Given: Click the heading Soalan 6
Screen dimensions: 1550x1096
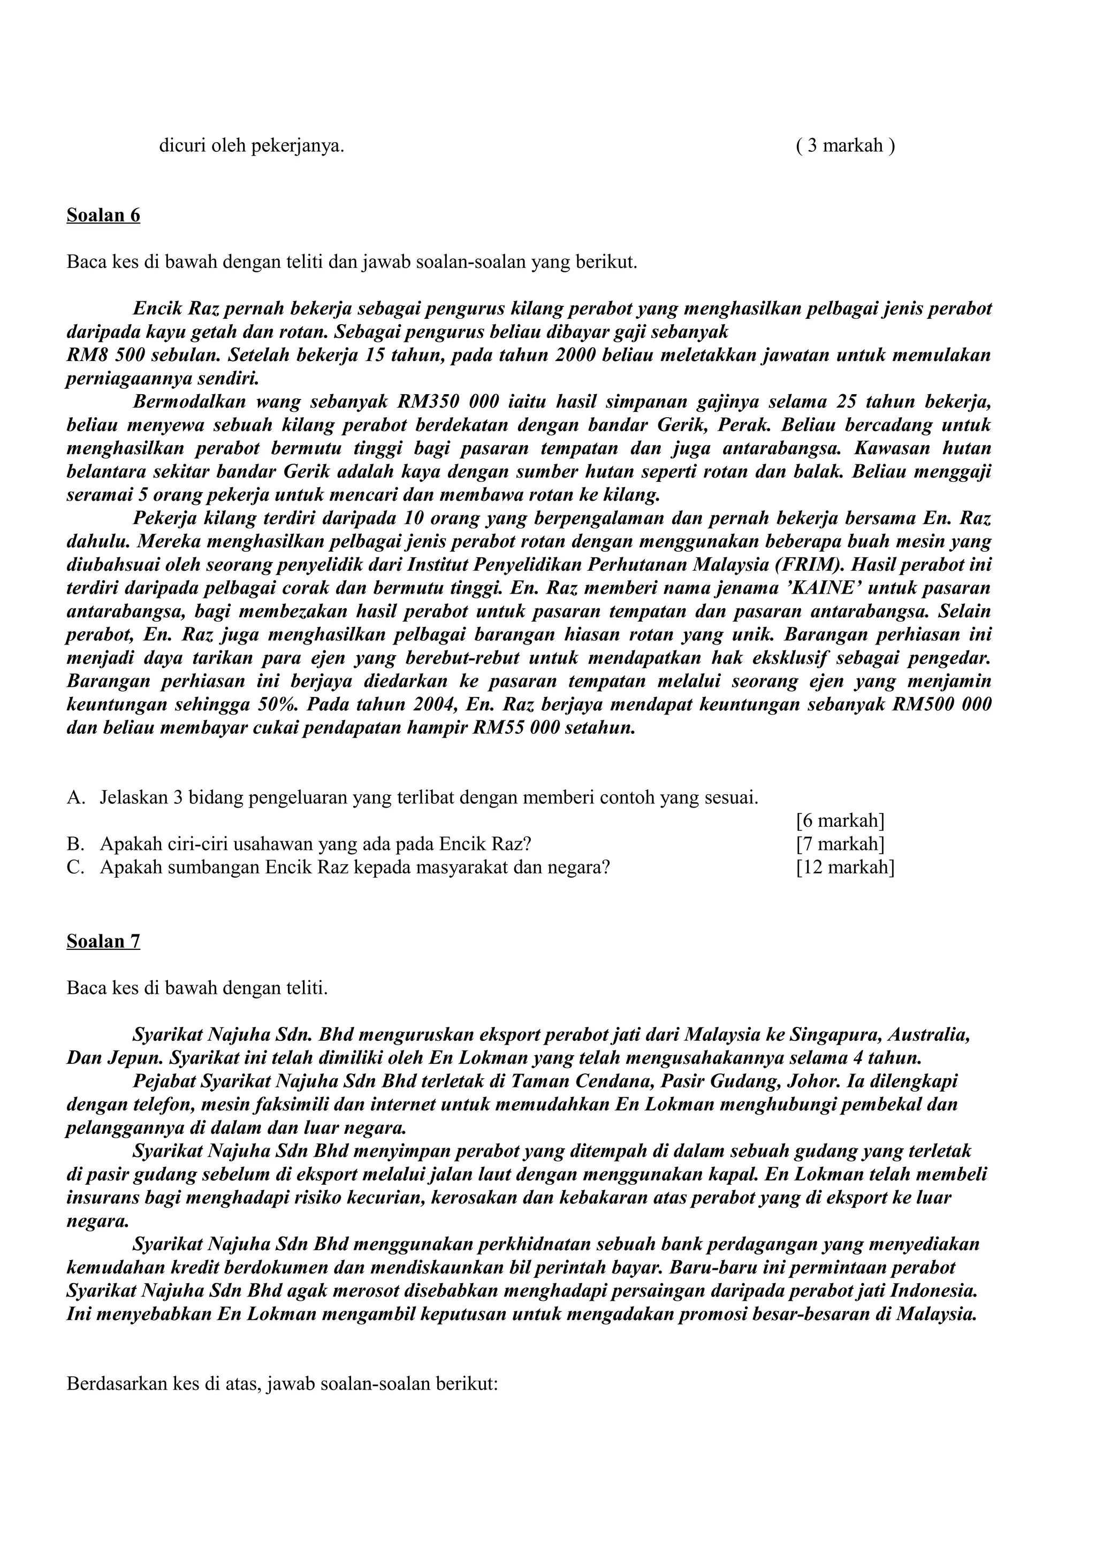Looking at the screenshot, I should pos(103,216).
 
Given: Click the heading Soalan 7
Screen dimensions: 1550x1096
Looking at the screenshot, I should pos(103,941).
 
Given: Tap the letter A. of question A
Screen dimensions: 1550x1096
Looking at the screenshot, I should pos(75,798).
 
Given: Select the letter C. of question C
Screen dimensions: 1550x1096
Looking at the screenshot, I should pos(75,867).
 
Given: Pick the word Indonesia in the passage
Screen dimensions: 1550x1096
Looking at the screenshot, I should pos(934,1291).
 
